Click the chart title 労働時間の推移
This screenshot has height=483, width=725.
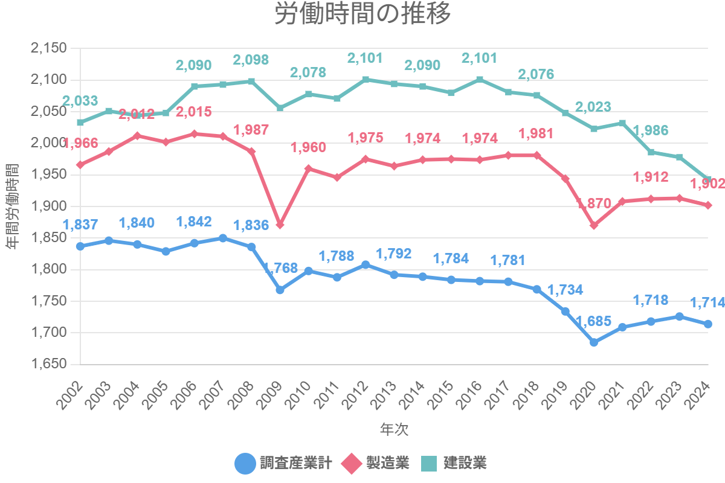pyautogui.click(x=362, y=14)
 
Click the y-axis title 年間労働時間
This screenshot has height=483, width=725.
pyautogui.click(x=12, y=206)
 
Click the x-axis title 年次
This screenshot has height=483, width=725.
pyautogui.click(x=394, y=429)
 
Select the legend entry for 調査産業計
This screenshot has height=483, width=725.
pyautogui.click(x=283, y=463)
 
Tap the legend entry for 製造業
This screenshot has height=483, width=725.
pyautogui.click(x=375, y=463)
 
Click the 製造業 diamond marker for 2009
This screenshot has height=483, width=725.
pyautogui.click(x=280, y=225)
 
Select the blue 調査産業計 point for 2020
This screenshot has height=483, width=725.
pyautogui.click(x=594, y=342)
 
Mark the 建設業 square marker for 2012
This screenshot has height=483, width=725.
pyautogui.click(x=366, y=79)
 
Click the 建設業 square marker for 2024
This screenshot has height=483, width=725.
pyautogui.click(x=708, y=179)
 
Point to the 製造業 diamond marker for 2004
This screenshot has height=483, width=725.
pyautogui.click(x=137, y=136)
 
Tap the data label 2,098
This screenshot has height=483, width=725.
pyautogui.click(x=251, y=60)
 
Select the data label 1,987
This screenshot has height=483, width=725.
pyautogui.click(x=251, y=130)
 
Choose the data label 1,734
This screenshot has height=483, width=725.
pyautogui.click(x=565, y=290)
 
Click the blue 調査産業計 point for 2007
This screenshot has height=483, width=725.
pyautogui.click(x=223, y=238)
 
